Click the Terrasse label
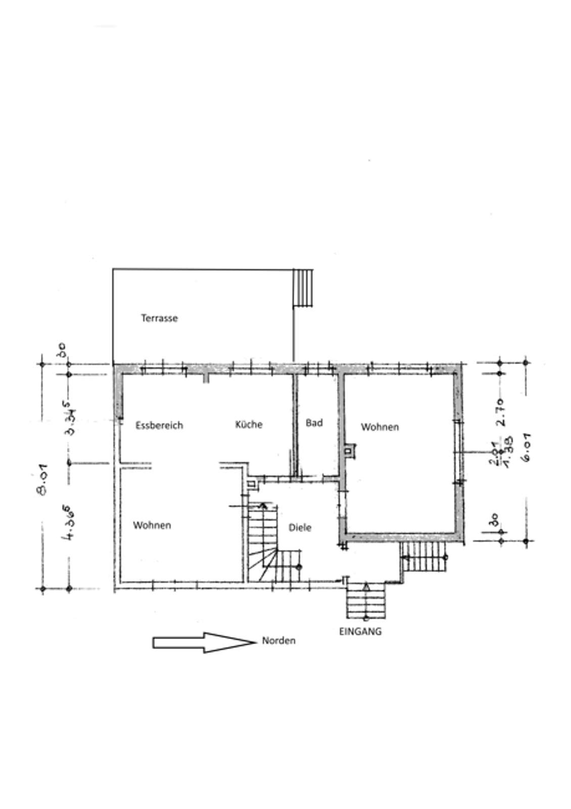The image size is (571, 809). [x=159, y=318]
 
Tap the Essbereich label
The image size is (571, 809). [x=159, y=425]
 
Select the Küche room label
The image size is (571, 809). [x=249, y=424]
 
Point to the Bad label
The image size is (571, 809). [x=314, y=423]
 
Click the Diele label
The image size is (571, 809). [x=300, y=527]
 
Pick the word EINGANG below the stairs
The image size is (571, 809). [x=360, y=631]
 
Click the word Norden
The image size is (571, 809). [x=278, y=641]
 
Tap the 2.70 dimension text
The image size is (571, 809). [x=501, y=412]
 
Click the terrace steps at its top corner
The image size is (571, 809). [x=303, y=287]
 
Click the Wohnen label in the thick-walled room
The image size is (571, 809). [x=379, y=427]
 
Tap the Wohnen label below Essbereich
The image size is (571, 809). [x=152, y=525]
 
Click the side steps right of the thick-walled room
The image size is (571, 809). [x=424, y=557]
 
